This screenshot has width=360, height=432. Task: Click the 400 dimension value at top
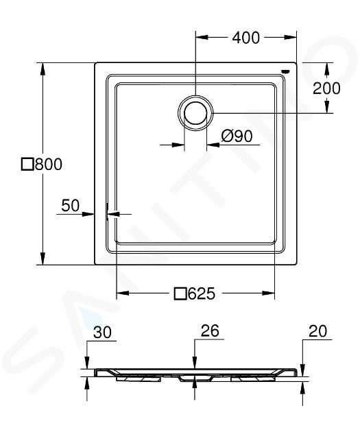[x=245, y=38]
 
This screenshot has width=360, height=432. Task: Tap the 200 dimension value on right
[x=326, y=88]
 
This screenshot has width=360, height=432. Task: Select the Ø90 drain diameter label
[x=237, y=136]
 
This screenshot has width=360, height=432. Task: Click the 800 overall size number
[x=49, y=165]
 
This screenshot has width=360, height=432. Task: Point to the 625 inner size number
[x=201, y=293]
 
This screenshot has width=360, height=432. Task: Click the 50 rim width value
[x=70, y=206]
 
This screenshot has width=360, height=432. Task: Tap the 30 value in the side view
[x=102, y=332]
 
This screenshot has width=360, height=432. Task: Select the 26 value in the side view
[x=210, y=331]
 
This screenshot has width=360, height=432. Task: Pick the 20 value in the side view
[x=317, y=331]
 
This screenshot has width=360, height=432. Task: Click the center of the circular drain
[x=195, y=113]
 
